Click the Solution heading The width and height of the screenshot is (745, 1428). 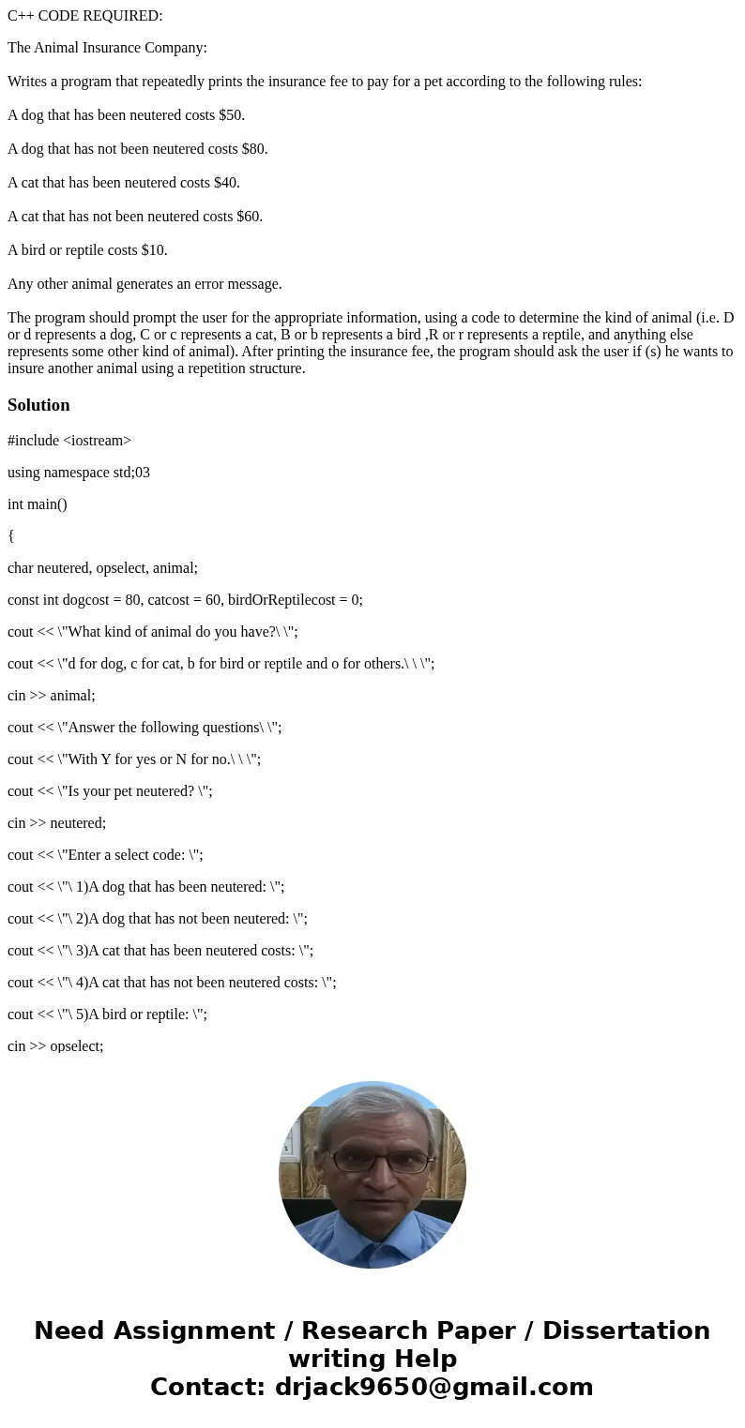[38, 405]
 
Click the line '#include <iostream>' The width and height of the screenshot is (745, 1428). [69, 440]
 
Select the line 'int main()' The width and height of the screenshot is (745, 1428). [38, 504]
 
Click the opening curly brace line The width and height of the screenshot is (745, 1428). [11, 535]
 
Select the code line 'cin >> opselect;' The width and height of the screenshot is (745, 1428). [55, 1045]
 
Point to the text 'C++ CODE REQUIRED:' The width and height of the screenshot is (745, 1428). [85, 16]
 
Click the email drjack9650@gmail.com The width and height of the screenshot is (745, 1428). [433, 1387]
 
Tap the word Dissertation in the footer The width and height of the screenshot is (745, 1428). [626, 1330]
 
